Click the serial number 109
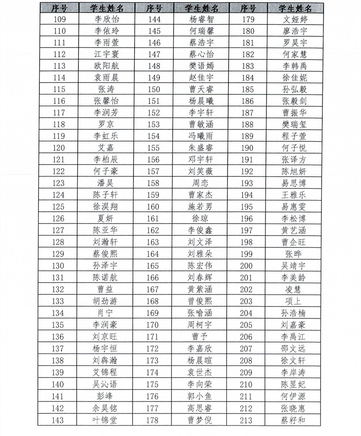tap(60, 19)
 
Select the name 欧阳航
tap(106, 66)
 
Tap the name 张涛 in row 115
tap(106, 90)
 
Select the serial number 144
tap(154, 19)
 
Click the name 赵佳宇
tap(201, 78)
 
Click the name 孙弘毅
tap(294, 90)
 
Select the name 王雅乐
tap(294, 195)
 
